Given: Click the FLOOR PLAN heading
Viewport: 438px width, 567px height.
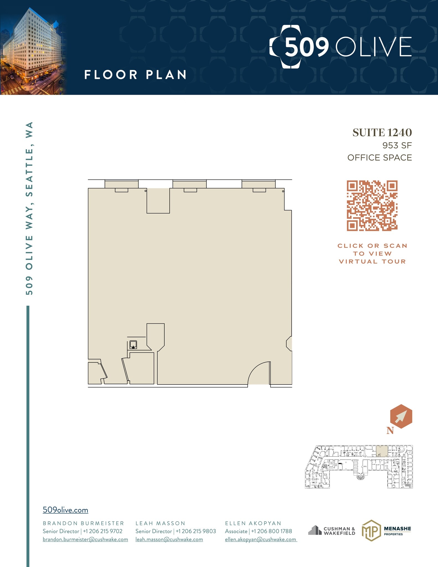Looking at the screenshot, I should pos(135,75).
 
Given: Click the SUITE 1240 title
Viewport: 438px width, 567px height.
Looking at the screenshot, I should pos(382,133).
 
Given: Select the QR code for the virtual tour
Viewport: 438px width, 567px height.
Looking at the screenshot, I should pos(372,206).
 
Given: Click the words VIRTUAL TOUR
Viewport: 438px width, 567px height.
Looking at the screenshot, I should pos(372,262).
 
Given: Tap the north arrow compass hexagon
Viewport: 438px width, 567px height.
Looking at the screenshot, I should pos(401,416).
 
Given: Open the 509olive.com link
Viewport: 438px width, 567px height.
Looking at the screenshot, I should pos(65,510).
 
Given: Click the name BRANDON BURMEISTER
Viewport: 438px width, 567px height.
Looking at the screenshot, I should pos(83,523).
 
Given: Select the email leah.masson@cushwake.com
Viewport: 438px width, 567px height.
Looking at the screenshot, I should pos(169,539).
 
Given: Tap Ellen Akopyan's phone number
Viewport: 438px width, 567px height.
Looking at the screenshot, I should pos(271,531).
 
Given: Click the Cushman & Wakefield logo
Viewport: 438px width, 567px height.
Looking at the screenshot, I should pos(332,531).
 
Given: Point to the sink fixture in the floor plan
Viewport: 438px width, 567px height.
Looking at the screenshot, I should pos(133,344).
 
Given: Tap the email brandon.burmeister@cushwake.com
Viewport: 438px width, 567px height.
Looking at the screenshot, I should pos(85,539).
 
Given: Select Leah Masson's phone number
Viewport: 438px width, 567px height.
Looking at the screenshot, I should pos(196,531).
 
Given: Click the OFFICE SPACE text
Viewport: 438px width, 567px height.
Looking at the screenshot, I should pos(380,158).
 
